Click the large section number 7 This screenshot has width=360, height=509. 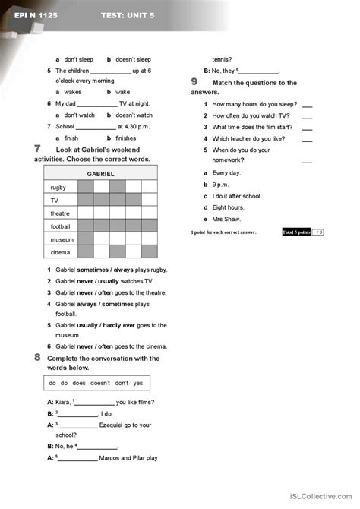pos(38,149)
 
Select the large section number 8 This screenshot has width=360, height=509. pos(38,356)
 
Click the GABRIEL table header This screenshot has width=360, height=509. pos(101,174)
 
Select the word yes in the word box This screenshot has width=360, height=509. pos(138,382)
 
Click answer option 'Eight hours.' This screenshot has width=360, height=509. pos(228,207)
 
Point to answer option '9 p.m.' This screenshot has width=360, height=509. pos(221,184)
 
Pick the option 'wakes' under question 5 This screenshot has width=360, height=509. pos(73,92)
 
